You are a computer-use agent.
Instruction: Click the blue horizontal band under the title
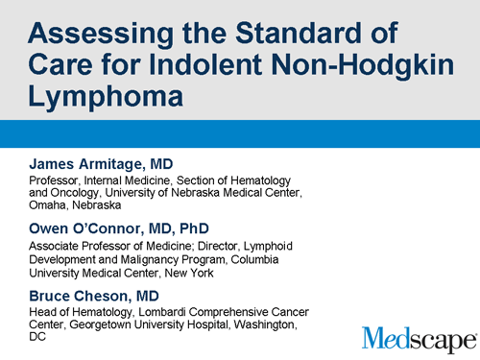[x=240, y=132]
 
